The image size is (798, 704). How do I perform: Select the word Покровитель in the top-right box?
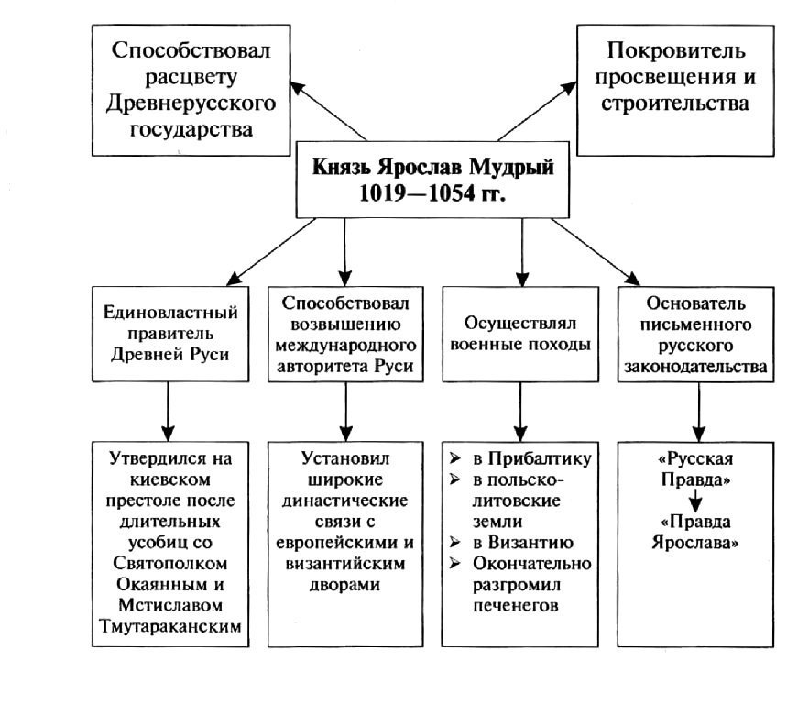[x=676, y=51]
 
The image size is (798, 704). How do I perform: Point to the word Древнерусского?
[x=191, y=104]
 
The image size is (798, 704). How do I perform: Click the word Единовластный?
[x=170, y=312]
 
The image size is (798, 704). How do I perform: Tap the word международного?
[x=346, y=346]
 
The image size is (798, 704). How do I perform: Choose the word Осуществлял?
[x=520, y=324]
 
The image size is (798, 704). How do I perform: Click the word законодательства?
[x=695, y=367]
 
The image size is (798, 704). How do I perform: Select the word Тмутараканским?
[x=170, y=626]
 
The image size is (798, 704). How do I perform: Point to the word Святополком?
[x=170, y=564]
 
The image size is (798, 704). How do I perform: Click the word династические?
[x=345, y=500]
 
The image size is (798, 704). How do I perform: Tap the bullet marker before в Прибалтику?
[x=455, y=458]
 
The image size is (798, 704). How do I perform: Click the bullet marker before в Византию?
[x=455, y=542]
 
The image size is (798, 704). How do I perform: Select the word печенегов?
[x=516, y=606]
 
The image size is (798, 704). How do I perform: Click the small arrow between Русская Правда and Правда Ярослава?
[x=695, y=500]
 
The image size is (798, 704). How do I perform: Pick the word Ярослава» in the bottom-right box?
[x=695, y=543]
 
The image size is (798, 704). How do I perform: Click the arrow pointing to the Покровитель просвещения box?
[x=538, y=111]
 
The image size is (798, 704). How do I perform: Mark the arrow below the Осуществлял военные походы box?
[x=520, y=412]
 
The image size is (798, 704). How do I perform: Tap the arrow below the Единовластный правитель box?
[x=168, y=412]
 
